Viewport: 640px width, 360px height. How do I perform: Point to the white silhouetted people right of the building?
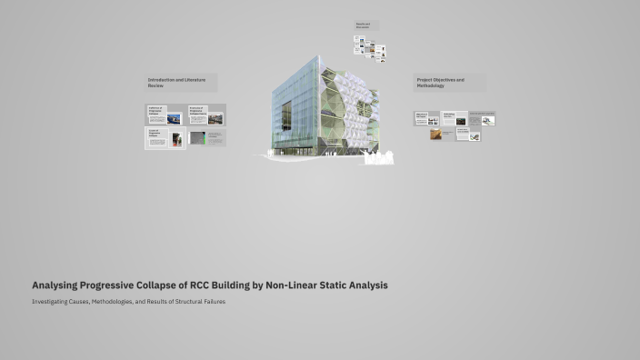pos(380,158)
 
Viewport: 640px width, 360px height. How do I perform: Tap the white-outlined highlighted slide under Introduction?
pos(165,138)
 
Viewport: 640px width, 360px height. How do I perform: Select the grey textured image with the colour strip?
pos(198,139)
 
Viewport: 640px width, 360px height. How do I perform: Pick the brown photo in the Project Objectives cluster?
pos(436,135)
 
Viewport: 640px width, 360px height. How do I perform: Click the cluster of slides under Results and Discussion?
pos(370,48)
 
